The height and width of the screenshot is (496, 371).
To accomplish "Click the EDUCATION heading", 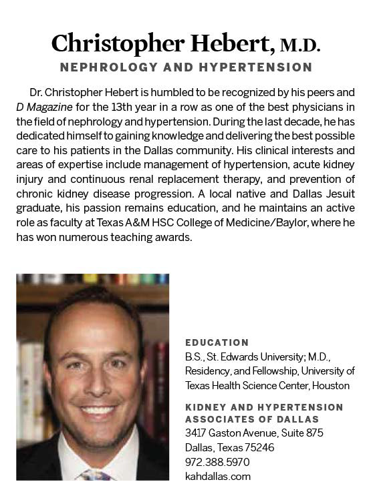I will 217,343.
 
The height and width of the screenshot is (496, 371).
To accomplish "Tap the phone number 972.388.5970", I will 218,461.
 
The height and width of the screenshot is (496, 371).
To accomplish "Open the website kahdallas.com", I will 218,476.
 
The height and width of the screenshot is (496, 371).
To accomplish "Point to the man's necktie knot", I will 94,476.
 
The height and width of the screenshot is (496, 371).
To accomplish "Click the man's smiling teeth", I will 98,409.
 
